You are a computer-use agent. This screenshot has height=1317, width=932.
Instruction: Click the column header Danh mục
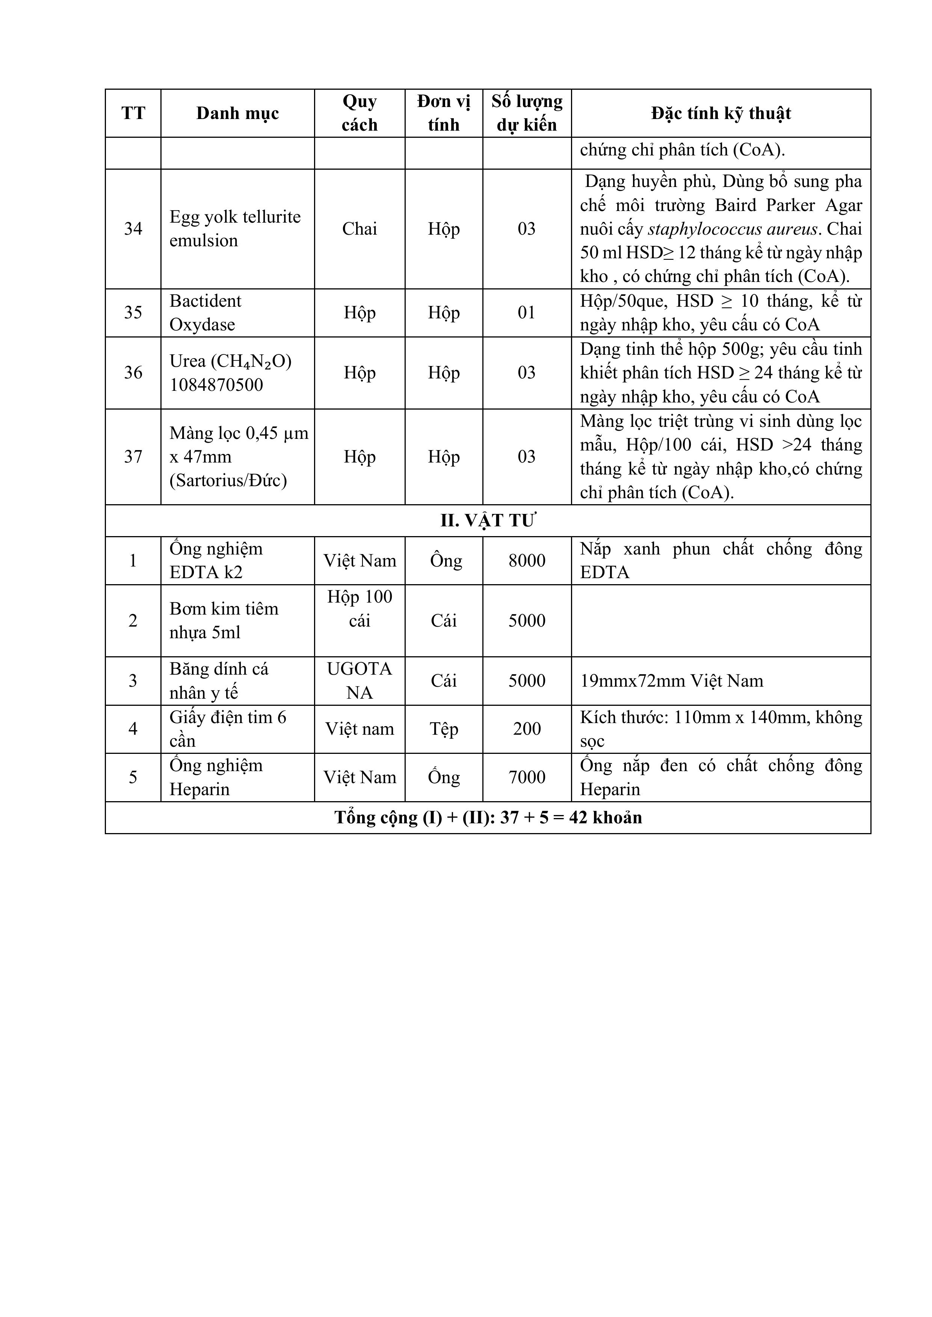click(x=237, y=113)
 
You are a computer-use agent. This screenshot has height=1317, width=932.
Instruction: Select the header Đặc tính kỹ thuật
click(x=721, y=113)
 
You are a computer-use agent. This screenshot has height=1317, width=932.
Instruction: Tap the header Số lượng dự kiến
click(x=527, y=113)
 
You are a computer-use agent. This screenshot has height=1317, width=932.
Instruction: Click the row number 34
click(x=133, y=229)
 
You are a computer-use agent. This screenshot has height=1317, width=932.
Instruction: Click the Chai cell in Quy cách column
click(x=360, y=229)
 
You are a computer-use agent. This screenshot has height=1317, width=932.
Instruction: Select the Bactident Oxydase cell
click(x=205, y=313)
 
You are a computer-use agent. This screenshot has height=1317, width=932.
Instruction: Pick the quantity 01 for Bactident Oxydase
click(x=527, y=313)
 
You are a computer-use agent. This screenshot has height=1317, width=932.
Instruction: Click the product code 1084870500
click(x=216, y=385)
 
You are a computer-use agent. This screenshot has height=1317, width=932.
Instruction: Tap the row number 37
click(x=133, y=457)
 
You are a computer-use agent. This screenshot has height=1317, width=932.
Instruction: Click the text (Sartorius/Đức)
click(x=228, y=480)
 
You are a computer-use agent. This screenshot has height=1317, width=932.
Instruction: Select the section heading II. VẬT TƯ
click(x=488, y=521)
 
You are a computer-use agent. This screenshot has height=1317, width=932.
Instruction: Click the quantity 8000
click(x=527, y=561)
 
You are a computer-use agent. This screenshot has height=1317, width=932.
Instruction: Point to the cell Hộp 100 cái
click(x=360, y=609)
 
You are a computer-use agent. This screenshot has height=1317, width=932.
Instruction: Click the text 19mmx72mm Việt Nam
click(x=671, y=681)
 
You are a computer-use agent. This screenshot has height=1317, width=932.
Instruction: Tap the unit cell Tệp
click(x=444, y=729)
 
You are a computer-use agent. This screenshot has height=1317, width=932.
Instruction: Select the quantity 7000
click(x=527, y=777)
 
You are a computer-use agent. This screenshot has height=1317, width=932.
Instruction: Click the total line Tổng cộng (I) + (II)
click(x=488, y=817)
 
